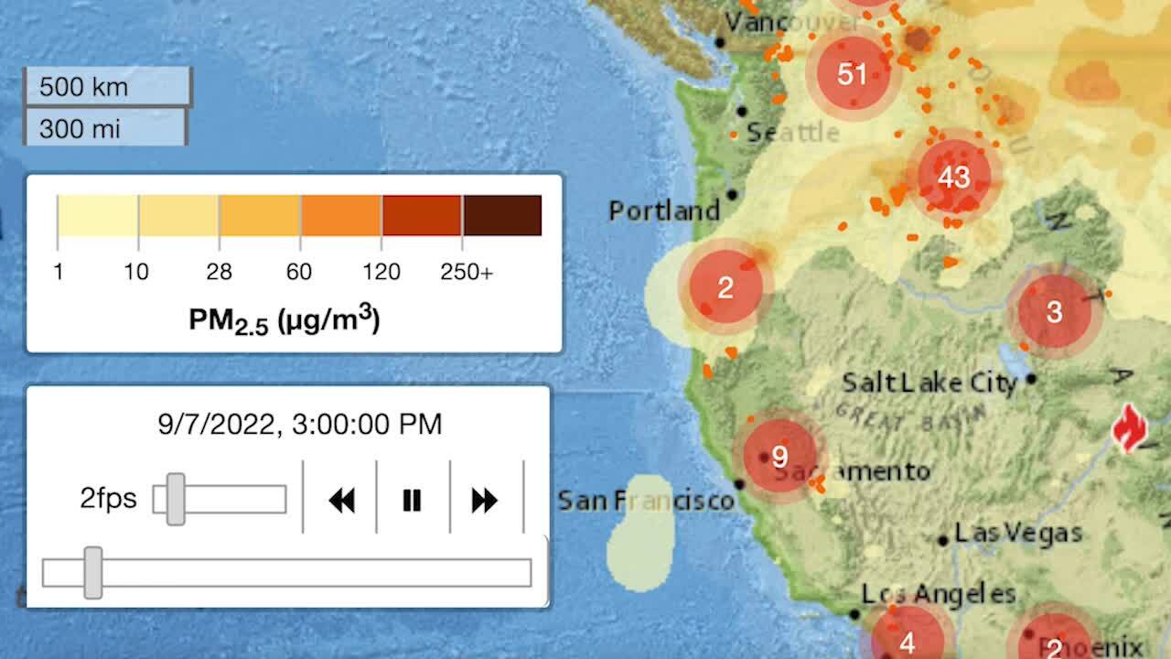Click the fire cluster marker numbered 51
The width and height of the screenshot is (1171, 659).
tap(852, 73)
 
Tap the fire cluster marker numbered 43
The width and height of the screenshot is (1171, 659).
tap(953, 177)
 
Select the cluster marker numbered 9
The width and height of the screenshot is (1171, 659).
tap(779, 456)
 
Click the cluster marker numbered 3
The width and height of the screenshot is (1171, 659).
tap(1054, 311)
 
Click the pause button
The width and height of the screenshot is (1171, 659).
tap(412, 500)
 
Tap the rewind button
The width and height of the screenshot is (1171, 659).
tap(341, 500)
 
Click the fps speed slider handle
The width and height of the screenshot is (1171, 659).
tap(176, 499)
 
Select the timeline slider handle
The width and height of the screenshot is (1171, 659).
tap(92, 573)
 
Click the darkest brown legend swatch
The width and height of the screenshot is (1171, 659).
tap(502, 215)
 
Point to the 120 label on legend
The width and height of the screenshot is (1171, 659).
tap(381, 272)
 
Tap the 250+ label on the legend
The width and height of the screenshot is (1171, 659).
tap(467, 272)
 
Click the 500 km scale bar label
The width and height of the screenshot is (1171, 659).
tap(84, 88)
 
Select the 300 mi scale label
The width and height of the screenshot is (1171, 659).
tap(80, 128)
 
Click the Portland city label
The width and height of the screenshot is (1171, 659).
tap(664, 211)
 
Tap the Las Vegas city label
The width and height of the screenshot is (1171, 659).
tap(1018, 532)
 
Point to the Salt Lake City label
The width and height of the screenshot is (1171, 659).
tap(929, 382)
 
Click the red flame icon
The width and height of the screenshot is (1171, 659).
tap(1130, 427)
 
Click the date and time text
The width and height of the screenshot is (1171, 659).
tap(300, 424)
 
